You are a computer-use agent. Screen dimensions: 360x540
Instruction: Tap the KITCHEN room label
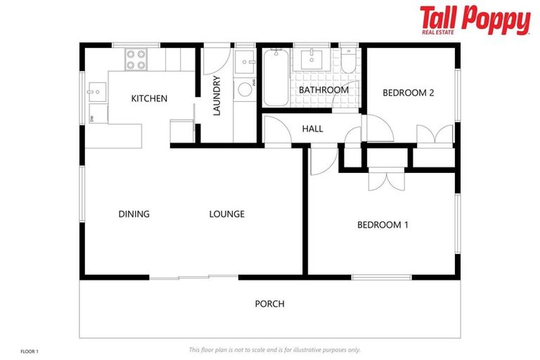click(149, 98)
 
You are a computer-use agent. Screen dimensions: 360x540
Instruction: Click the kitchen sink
click(97, 90)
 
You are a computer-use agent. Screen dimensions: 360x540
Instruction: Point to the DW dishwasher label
click(92, 117)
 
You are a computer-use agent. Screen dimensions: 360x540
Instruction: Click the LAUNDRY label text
click(217, 96)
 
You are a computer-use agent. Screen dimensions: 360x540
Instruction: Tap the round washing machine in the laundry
click(245, 89)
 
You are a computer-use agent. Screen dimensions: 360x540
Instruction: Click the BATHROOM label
click(323, 90)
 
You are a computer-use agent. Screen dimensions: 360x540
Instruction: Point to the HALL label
click(312, 129)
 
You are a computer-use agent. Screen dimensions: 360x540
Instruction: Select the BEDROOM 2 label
click(408, 92)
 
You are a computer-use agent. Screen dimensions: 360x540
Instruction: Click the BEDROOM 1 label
click(382, 225)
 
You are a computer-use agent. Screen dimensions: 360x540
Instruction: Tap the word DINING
click(134, 214)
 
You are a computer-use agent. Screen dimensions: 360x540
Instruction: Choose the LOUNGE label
click(226, 214)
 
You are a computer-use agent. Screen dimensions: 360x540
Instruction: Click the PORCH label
click(269, 304)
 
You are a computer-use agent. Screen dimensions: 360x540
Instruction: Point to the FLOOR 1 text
click(29, 349)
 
